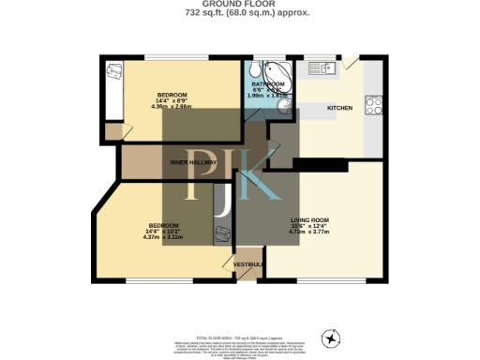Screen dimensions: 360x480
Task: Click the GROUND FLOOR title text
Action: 239,4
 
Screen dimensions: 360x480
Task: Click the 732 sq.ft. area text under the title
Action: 239,13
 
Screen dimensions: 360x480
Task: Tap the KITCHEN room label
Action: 339,108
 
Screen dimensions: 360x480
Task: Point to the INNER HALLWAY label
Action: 193,162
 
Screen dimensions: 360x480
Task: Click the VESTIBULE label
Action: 247,263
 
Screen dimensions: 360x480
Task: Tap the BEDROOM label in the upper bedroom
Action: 172,95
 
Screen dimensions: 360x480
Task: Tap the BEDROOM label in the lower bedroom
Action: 165,225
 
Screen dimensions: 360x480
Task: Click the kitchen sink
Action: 322,67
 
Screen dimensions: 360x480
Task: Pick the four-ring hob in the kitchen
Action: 372,105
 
